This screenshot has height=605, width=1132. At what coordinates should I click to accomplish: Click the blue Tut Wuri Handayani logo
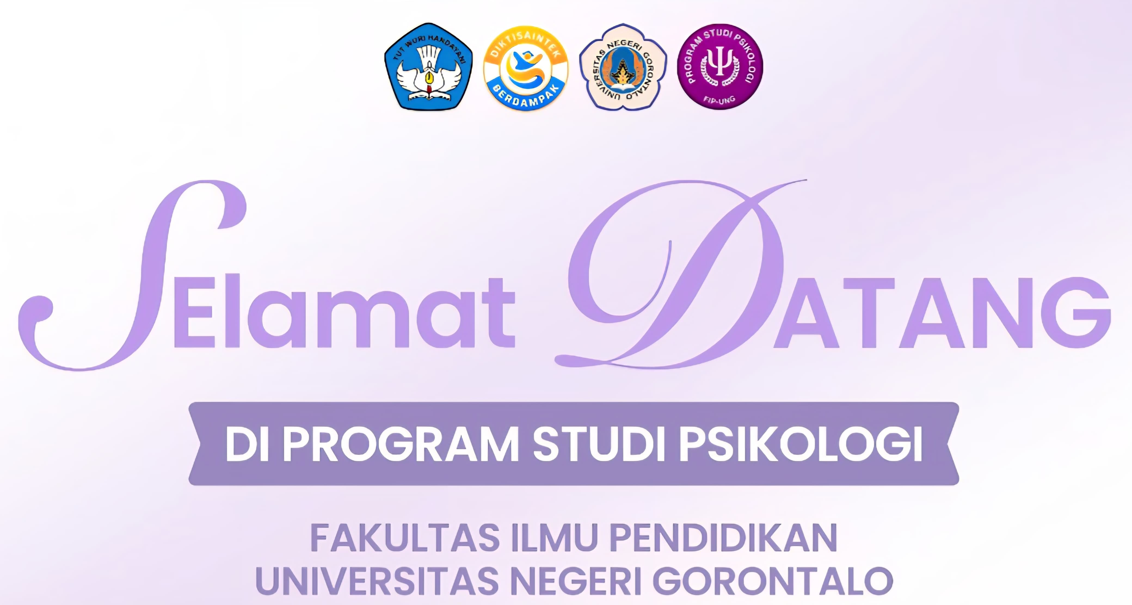click(429, 66)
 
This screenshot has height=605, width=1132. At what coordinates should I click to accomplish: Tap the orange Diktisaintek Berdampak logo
click(525, 67)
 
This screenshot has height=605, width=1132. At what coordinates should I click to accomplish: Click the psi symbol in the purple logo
click(719, 65)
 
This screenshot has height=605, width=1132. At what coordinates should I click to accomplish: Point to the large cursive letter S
click(132, 274)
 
